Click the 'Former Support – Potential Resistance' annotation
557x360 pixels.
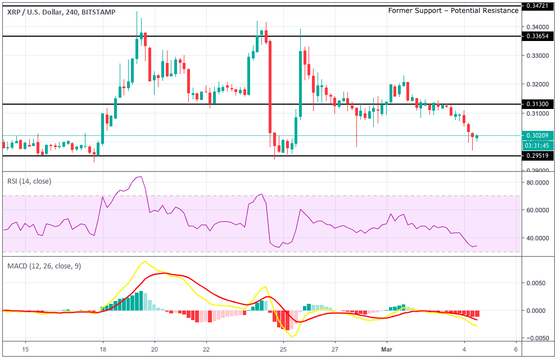[453, 11]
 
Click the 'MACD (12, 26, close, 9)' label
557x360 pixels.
[44, 266]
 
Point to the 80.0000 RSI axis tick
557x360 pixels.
[536, 183]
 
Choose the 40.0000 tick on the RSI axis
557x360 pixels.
[536, 238]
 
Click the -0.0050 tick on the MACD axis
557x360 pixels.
[536, 338]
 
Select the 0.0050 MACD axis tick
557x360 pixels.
[537, 283]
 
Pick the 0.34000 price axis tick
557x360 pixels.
[537, 27]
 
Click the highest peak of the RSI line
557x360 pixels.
[141, 177]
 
